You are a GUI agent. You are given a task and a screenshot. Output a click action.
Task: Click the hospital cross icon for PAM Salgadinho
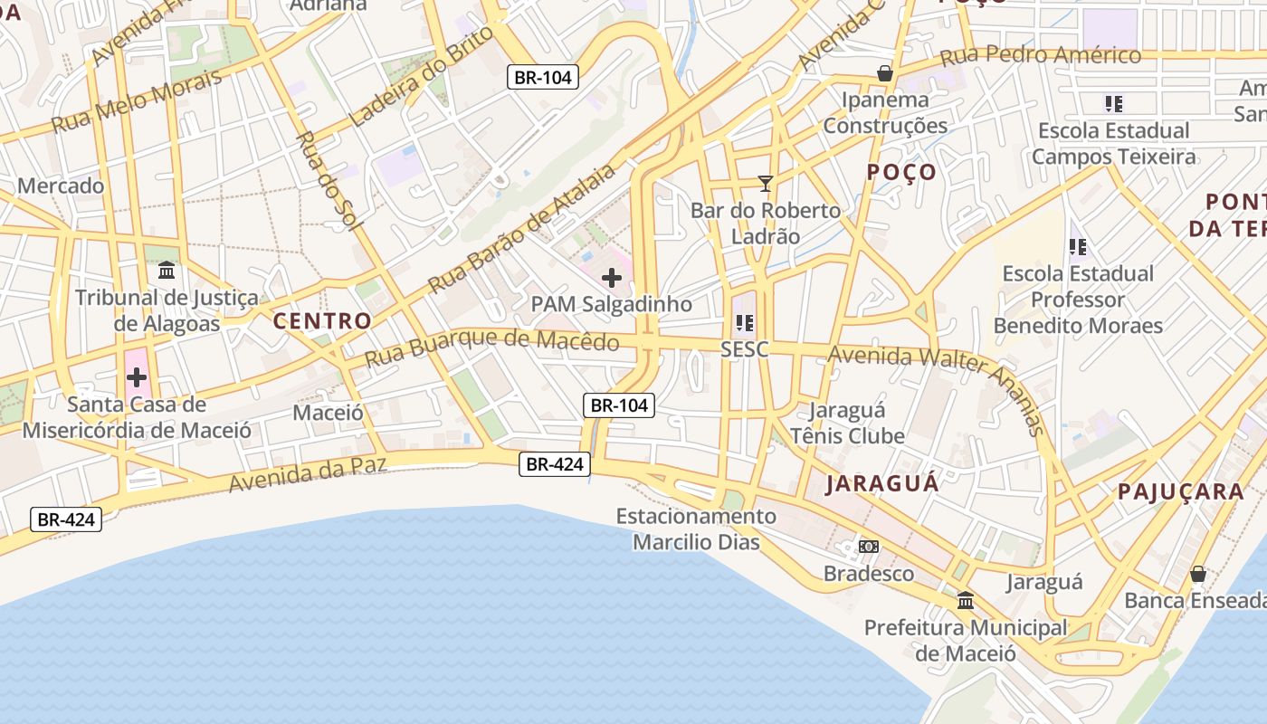612,278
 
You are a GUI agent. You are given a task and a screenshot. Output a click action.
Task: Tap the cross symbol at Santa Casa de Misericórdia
137,376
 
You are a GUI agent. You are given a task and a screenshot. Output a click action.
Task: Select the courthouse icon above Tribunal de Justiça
167,271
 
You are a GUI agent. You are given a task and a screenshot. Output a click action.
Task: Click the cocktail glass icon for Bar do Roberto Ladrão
766,184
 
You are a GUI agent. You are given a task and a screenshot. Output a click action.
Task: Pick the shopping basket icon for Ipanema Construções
884,72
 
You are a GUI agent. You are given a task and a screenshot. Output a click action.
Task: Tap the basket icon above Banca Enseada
1197,574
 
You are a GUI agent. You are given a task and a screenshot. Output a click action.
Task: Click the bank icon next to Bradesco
869,547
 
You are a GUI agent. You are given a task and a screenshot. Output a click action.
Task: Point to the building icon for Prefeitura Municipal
966,600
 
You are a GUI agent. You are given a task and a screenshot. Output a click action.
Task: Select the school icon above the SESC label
745,322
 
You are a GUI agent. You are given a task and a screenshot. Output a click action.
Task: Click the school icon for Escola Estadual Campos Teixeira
1113,103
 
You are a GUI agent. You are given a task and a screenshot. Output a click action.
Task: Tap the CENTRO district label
322,320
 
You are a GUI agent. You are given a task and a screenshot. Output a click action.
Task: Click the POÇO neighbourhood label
901,173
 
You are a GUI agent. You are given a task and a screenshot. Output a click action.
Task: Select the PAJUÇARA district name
1181,491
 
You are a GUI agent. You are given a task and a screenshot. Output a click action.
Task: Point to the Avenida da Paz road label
308,474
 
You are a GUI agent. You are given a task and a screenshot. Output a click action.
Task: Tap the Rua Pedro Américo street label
1041,56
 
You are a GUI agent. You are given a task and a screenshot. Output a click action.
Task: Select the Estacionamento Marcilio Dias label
696,529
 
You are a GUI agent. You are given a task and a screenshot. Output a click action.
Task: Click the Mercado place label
61,186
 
